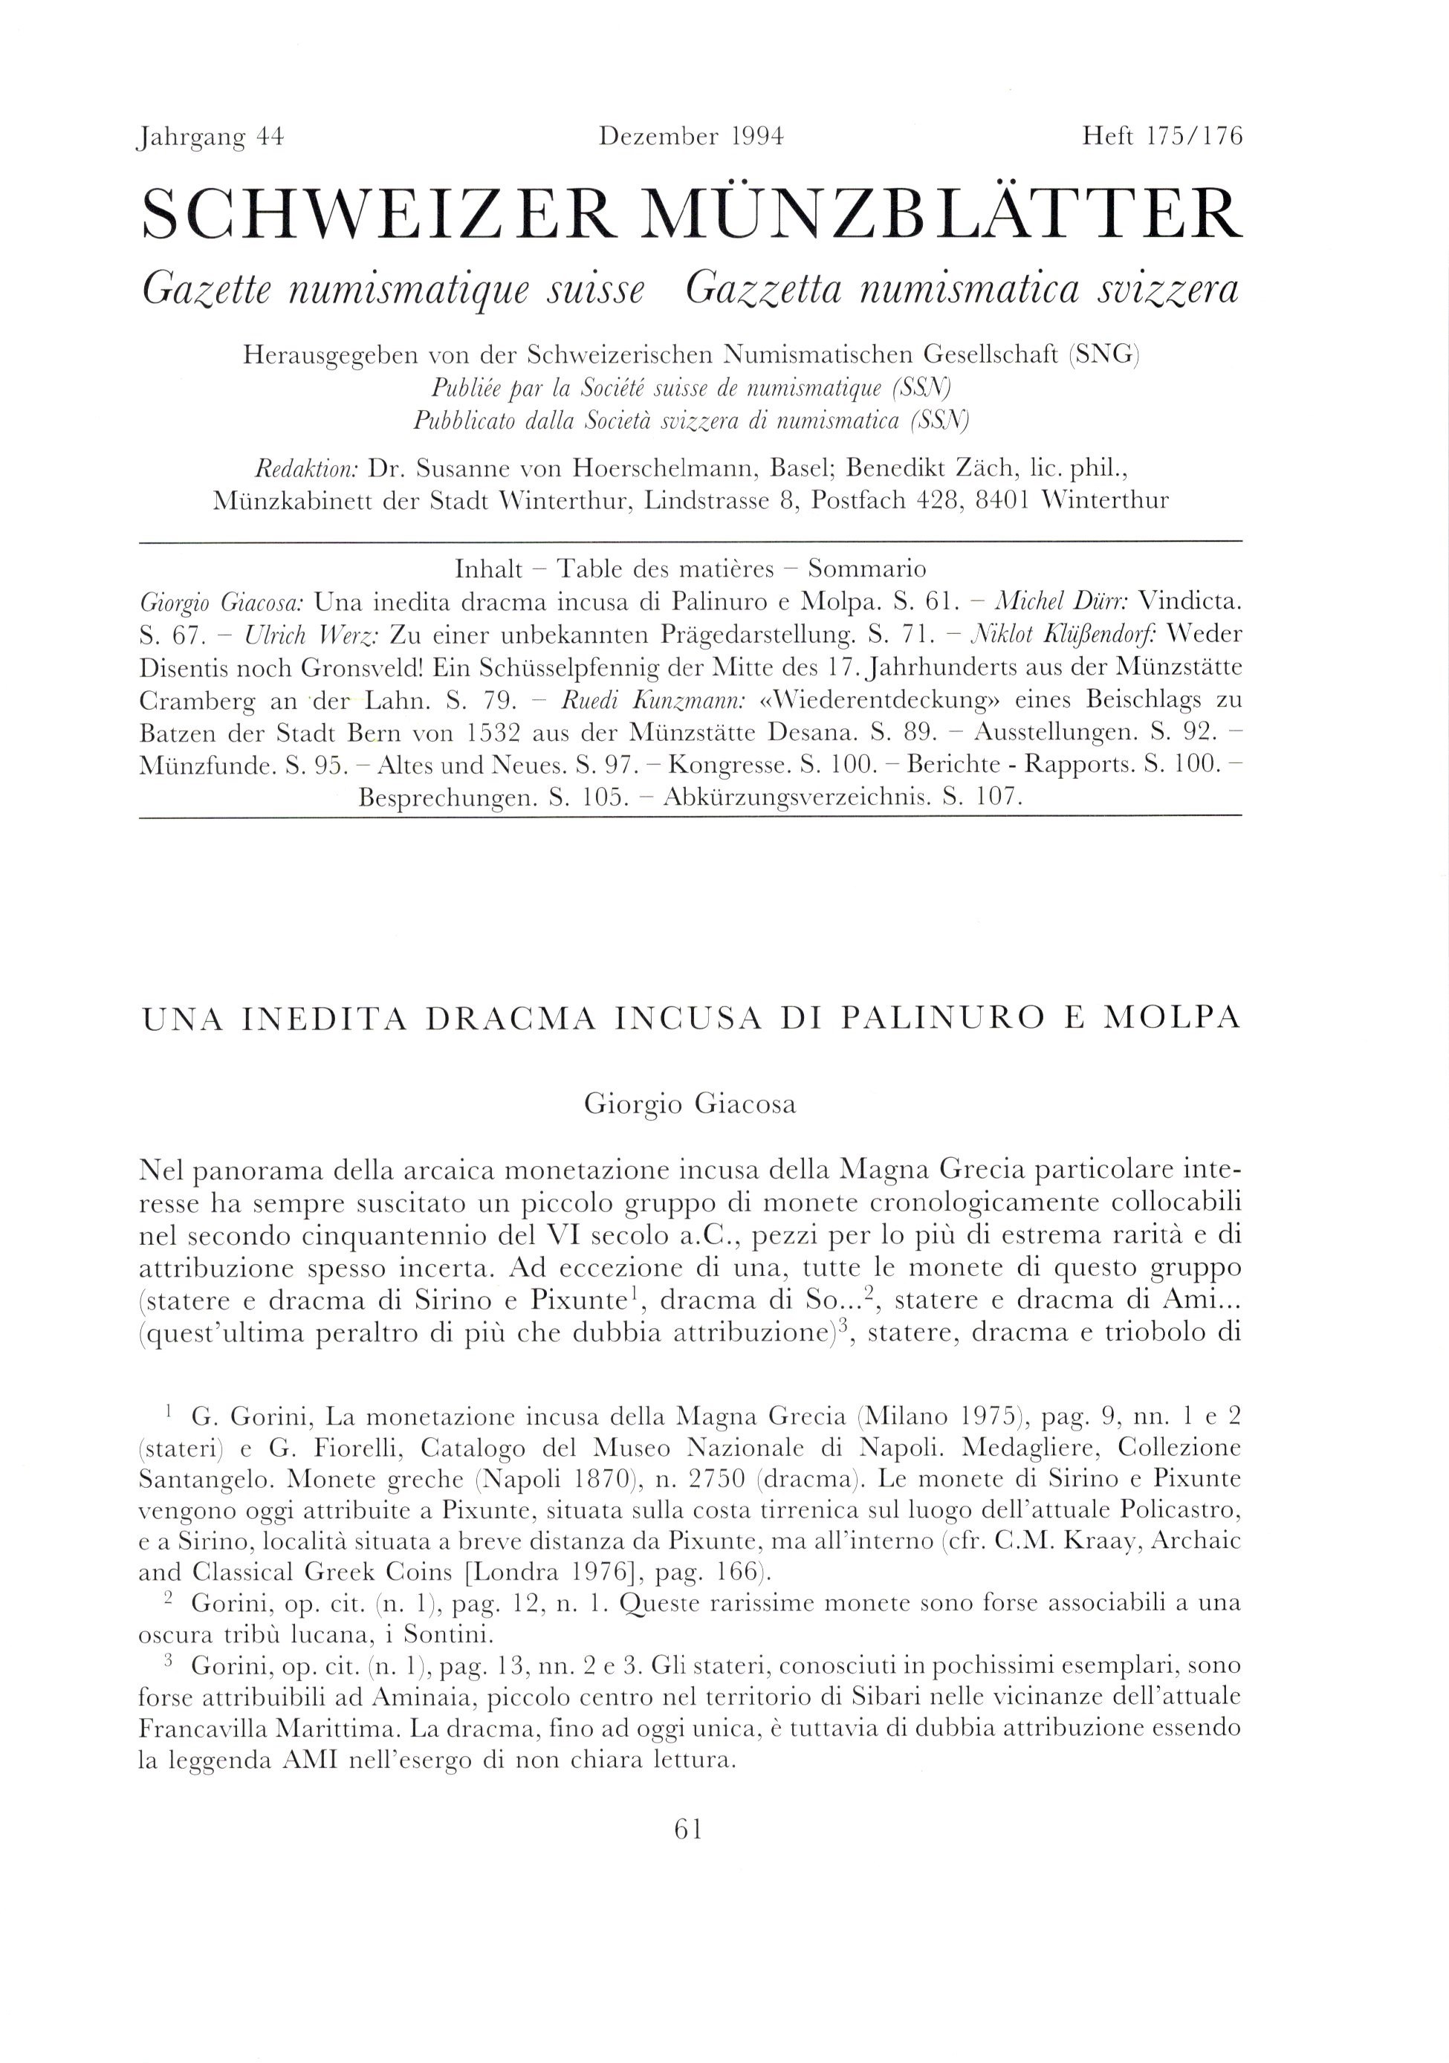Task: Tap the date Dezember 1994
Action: [x=692, y=137]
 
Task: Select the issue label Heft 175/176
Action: [x=1162, y=137]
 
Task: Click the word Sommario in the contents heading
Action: [x=867, y=569]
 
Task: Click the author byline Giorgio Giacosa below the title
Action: [x=690, y=1104]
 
